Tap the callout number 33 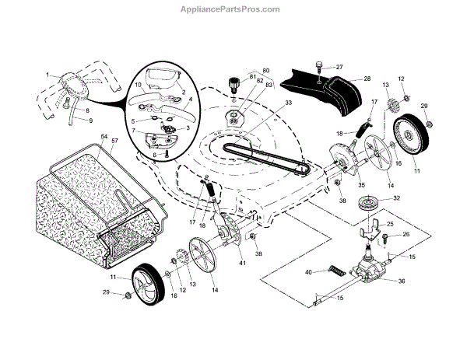pos(266,102)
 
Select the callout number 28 pos(367,79)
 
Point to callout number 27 pos(339,68)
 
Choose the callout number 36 pos(402,281)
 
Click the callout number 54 pos(103,137)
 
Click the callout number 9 pos(90,121)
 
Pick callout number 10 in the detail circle pos(138,83)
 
